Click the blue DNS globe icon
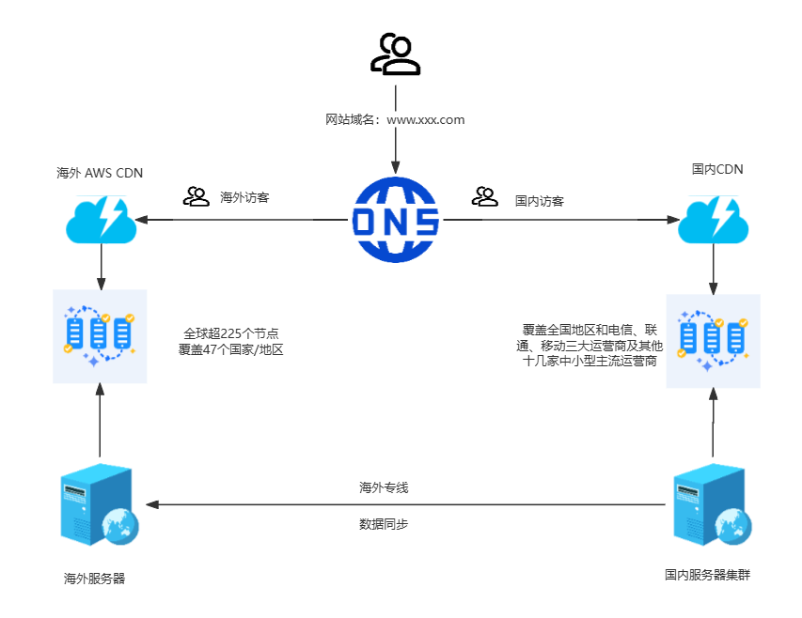coord(395,220)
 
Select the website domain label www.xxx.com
coord(395,120)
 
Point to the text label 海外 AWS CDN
coord(100,173)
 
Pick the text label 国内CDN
coord(716,170)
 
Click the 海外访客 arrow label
coord(244,198)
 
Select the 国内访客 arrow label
coord(539,201)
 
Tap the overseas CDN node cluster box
coord(100,335)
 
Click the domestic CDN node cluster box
coord(713,340)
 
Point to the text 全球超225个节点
coord(231,333)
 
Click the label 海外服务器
coord(94,579)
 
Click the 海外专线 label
coord(384,488)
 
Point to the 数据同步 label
coord(384,524)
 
